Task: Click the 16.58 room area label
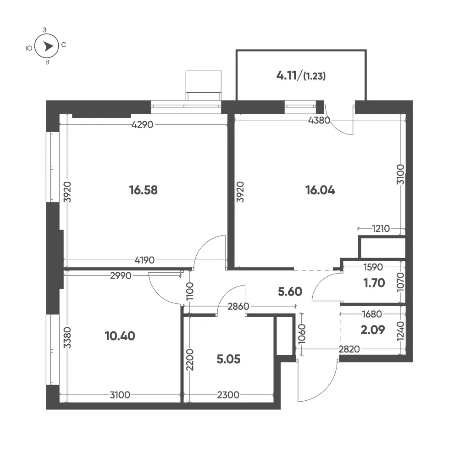coord(144,190)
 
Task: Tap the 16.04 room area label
coord(320,190)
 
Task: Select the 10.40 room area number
coord(120,336)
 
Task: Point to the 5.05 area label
coord(229,359)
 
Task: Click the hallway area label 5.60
coord(290,291)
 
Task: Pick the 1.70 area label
coord(374,283)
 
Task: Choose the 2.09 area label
coord(373,330)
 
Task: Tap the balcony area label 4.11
coord(287,76)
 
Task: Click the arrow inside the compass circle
coord(48,46)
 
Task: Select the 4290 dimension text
coord(142,124)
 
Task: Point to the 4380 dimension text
coord(319,120)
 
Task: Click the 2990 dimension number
coord(121,275)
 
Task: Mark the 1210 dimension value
coord(381,228)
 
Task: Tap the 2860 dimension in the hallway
coord(238,306)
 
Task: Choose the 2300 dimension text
coord(228,395)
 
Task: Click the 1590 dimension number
coord(373,267)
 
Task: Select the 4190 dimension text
coord(144,260)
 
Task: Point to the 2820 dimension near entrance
coord(349,349)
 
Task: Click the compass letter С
coord(64,45)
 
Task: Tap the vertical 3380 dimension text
coord(67,337)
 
